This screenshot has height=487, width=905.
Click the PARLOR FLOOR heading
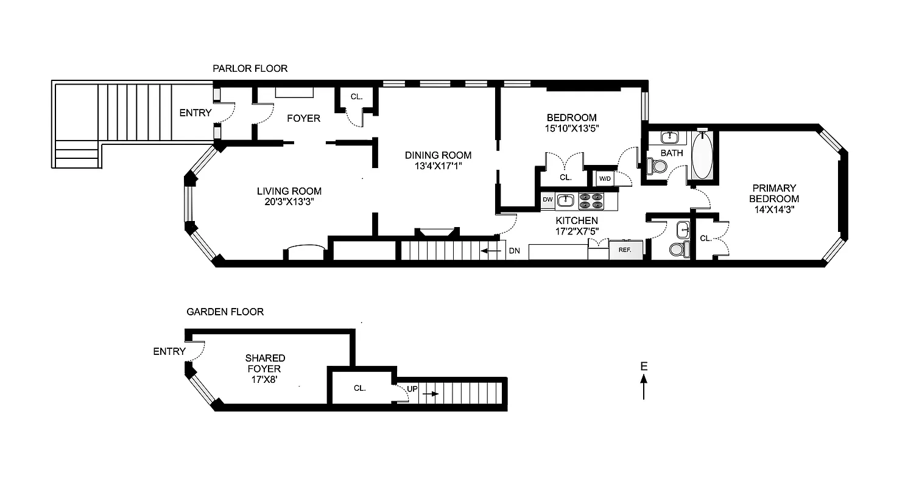[x=250, y=69]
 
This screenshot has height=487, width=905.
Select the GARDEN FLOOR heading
[x=225, y=312]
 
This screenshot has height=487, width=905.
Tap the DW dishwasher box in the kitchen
[x=548, y=199]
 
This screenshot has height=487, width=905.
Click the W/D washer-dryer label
[x=605, y=178]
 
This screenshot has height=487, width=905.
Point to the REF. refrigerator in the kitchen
[x=625, y=250]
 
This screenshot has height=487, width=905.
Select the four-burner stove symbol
[x=590, y=201]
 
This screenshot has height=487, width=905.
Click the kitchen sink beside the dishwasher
[x=566, y=199]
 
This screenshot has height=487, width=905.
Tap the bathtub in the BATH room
[x=702, y=156]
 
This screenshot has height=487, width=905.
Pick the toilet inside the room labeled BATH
[x=657, y=166]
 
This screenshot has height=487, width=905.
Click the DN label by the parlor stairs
[x=514, y=250]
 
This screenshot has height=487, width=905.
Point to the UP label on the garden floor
[x=412, y=388]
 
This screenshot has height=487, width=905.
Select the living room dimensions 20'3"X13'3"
[x=289, y=202]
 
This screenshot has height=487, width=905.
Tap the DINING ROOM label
[x=438, y=155]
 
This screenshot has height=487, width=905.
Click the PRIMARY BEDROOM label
[x=773, y=194]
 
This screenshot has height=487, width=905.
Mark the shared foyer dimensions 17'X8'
[x=265, y=379]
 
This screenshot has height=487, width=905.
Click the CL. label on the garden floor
[x=359, y=388]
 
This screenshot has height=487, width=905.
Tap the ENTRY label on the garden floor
[x=169, y=351]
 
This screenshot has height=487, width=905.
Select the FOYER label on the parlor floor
[x=303, y=118]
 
